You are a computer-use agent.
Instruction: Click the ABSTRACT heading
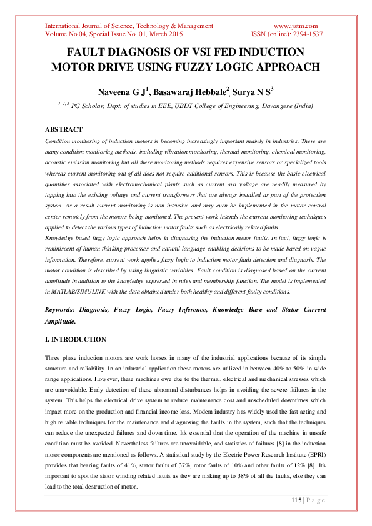coord(63,129)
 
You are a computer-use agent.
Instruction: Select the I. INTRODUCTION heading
coord(75,340)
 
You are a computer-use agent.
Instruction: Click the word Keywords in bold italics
coord(65,310)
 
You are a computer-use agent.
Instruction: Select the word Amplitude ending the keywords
coord(63,321)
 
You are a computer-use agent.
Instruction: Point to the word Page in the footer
coord(315,499)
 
